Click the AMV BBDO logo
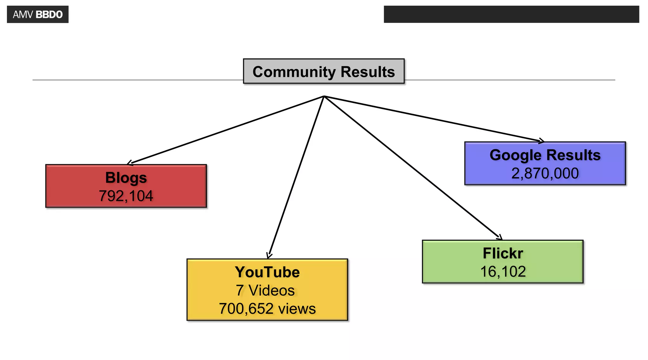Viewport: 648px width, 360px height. pos(38,15)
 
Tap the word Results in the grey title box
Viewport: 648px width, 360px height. pos(368,72)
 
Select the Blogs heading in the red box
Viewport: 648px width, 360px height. pos(126,178)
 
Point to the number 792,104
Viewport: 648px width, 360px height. pos(126,196)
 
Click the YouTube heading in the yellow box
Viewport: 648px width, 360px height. pos(267,272)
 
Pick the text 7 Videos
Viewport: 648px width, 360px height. pos(265,290)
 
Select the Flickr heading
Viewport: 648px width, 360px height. pos(503,253)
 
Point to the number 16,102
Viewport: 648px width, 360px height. pos(503,272)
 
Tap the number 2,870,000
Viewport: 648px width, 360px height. pos(545,173)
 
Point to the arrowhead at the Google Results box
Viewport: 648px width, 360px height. pos(542,141)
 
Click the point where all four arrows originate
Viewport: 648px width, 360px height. pos(324,96)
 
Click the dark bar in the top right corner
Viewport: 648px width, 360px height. pos(511,14)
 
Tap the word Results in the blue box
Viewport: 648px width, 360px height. pos(573,155)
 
